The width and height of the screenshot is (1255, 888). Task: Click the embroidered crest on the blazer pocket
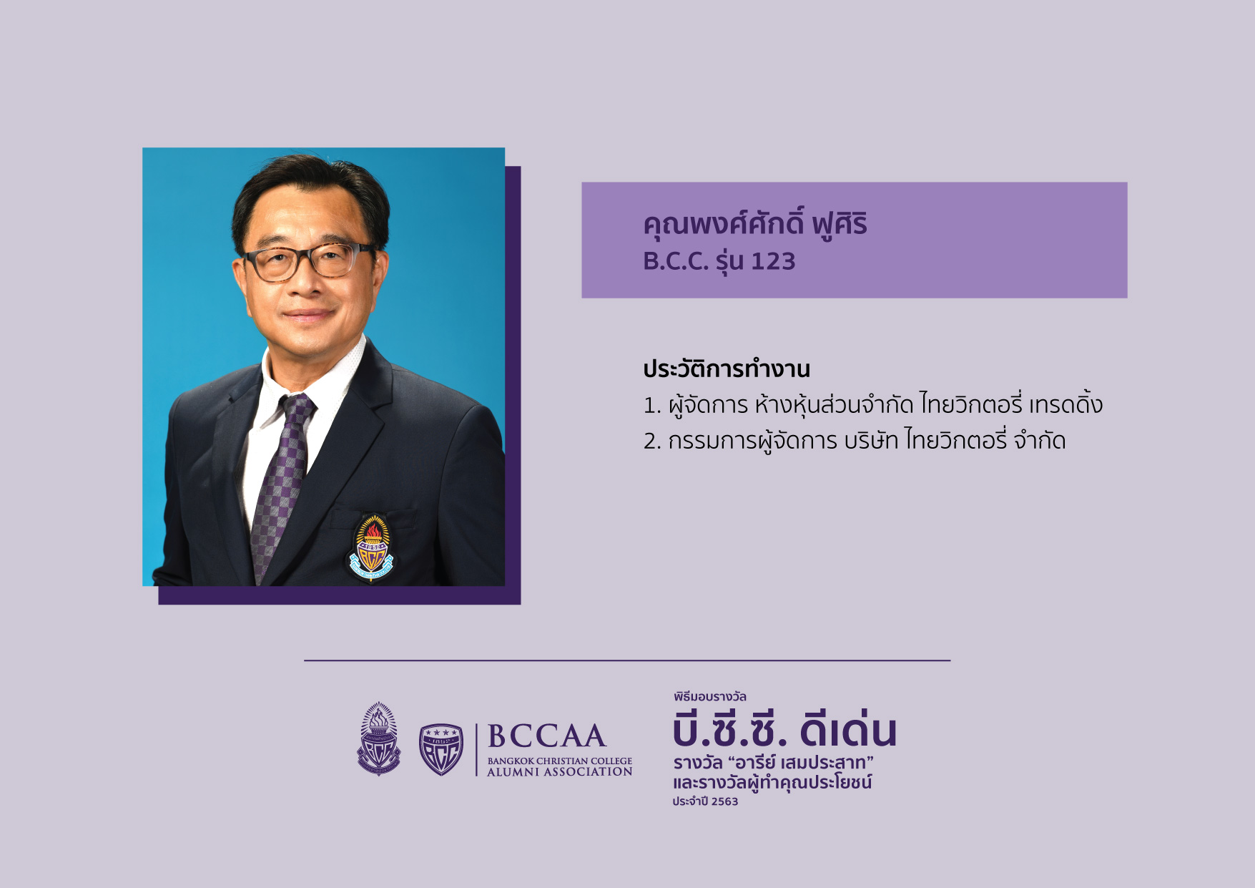pos(371,547)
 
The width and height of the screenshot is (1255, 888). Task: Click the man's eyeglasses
pos(309,261)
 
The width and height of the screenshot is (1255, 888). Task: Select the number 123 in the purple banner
pos(773,262)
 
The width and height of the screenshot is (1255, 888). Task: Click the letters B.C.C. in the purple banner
pos(676,262)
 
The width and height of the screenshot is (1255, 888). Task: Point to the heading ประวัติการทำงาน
pos(727,369)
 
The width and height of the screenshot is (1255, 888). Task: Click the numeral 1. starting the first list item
pos(651,406)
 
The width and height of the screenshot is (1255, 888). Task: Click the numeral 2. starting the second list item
pos(651,441)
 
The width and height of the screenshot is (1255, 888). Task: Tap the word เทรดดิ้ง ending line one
pos(1066,404)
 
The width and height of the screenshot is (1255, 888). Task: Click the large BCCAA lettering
pos(547,736)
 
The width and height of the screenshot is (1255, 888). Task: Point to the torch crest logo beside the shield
pos(378,739)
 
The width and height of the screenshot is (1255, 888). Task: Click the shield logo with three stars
pos(441,749)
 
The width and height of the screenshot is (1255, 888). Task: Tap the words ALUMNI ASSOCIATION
pos(560,772)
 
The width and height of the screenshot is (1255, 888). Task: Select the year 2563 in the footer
pos(724,802)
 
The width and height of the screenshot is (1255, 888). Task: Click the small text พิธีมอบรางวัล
pos(709,696)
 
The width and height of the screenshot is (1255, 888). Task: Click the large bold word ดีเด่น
pos(848,731)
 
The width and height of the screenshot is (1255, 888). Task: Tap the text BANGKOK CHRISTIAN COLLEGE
pos(560,761)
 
